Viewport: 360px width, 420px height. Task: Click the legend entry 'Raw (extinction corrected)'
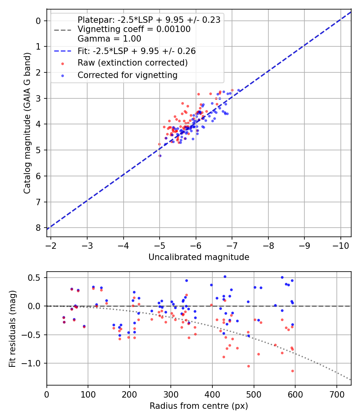pyautogui.click(x=132, y=63)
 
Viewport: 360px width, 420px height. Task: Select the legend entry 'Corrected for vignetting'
pyautogui.click(x=127, y=75)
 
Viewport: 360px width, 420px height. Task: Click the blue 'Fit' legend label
pyautogui.click(x=136, y=51)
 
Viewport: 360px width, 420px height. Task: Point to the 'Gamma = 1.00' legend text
pyautogui.click(x=109, y=39)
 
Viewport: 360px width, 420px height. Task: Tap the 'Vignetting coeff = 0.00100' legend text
pyautogui.click(x=134, y=29)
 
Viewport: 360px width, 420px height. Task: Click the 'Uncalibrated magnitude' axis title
pyautogui.click(x=199, y=257)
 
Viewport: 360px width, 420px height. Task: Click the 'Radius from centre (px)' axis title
pyautogui.click(x=199, y=406)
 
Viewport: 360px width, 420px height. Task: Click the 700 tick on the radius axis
pyautogui.click(x=336, y=394)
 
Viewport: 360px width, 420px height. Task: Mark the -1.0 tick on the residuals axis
pyautogui.click(x=34, y=363)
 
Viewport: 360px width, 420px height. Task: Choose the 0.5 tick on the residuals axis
pyautogui.click(x=36, y=278)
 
